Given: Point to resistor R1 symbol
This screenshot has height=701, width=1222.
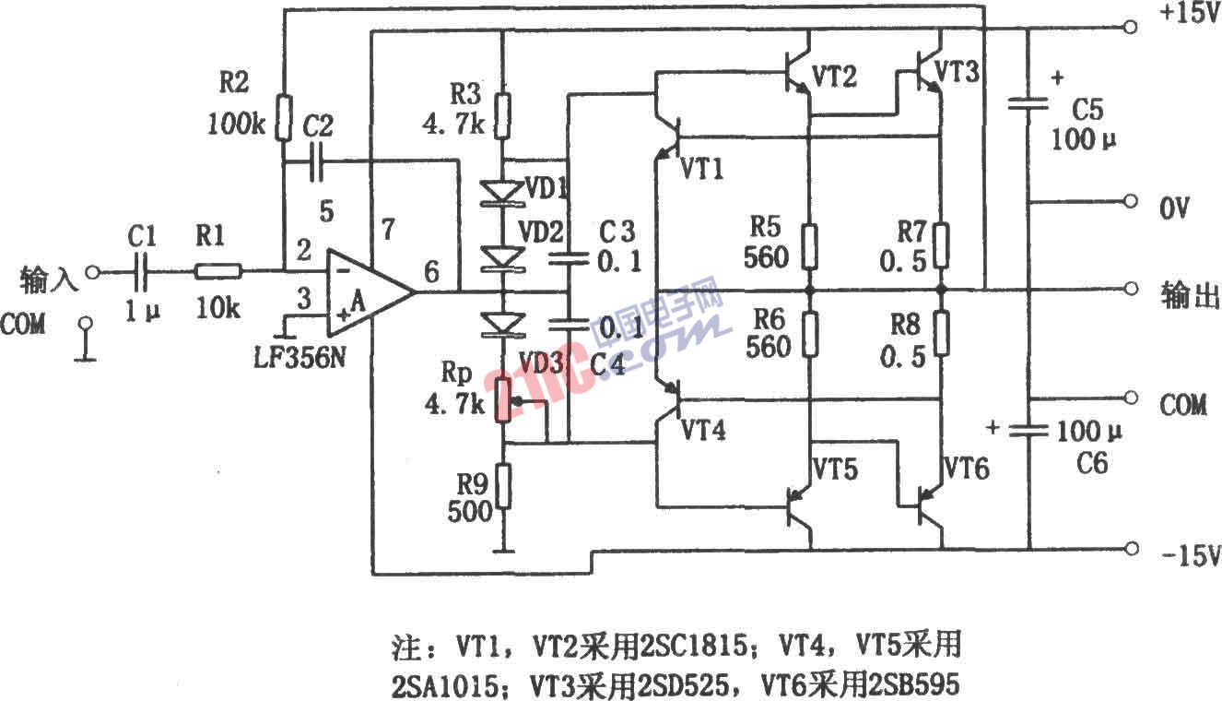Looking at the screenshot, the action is click(x=217, y=271).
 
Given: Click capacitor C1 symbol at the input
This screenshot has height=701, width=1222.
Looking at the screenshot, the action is click(x=141, y=271).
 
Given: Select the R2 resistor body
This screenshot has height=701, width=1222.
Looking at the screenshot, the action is click(x=283, y=117).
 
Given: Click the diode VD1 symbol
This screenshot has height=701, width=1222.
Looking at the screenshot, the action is click(x=502, y=194).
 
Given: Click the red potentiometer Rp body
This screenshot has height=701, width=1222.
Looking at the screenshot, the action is click(x=502, y=400).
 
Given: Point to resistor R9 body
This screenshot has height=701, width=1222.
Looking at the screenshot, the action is click(x=503, y=485).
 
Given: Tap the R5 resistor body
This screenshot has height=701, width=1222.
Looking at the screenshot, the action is click(x=809, y=246).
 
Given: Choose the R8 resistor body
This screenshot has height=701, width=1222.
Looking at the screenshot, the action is click(x=941, y=333).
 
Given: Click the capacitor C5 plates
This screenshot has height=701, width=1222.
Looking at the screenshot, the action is click(x=1028, y=103).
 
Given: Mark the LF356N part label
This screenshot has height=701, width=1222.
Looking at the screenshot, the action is click(x=300, y=358).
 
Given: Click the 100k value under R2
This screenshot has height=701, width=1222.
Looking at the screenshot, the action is click(x=236, y=125).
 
